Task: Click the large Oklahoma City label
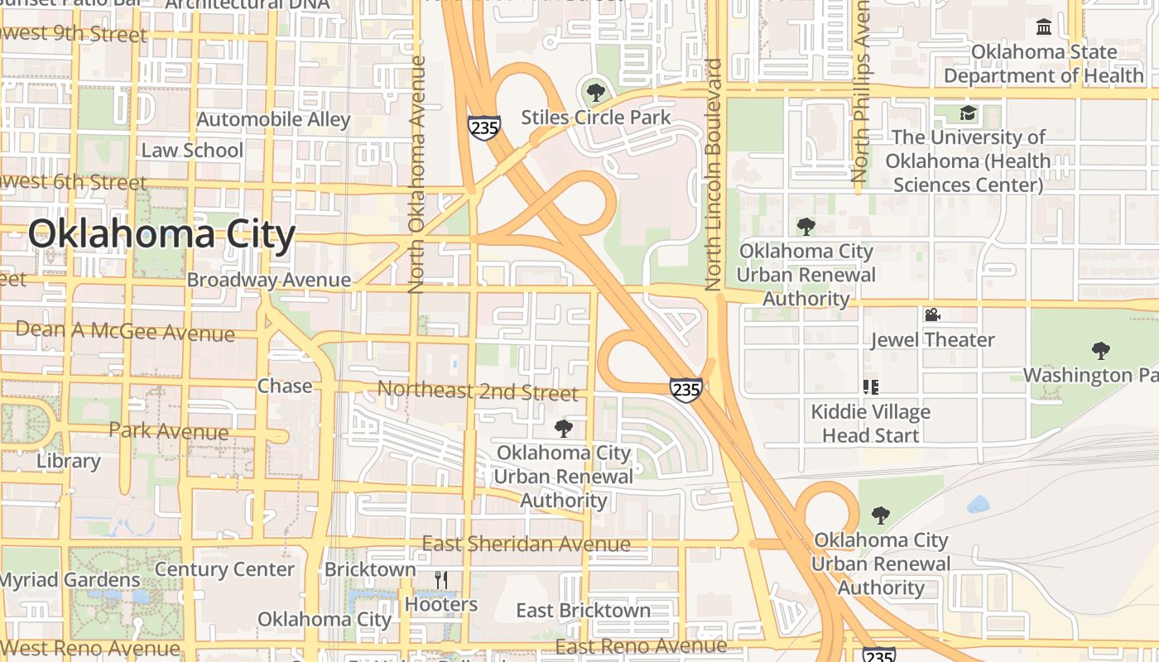click(x=161, y=235)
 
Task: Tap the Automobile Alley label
click(x=273, y=119)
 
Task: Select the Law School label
click(x=192, y=150)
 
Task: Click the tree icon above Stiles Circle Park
click(x=594, y=92)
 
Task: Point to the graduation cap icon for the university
click(x=968, y=113)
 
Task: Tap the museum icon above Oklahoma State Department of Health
click(x=1043, y=27)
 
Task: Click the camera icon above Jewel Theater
click(x=932, y=315)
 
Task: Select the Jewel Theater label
click(x=932, y=339)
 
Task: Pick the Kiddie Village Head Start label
click(x=870, y=423)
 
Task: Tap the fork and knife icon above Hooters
click(x=441, y=580)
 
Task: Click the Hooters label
click(x=441, y=604)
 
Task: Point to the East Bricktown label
click(x=583, y=611)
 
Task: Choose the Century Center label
click(x=224, y=569)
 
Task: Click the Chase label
click(x=285, y=386)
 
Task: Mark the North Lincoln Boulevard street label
click(x=714, y=174)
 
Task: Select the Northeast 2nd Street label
click(x=478, y=391)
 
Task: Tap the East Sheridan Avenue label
click(x=527, y=544)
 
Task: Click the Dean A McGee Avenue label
click(x=125, y=331)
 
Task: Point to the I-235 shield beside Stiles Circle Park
click(x=483, y=127)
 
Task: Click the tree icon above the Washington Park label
click(x=1100, y=351)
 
